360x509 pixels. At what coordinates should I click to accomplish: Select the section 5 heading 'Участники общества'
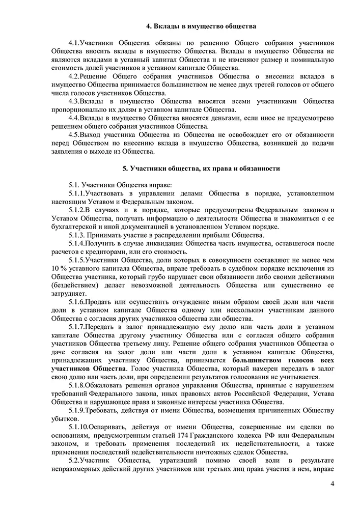[198, 168]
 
